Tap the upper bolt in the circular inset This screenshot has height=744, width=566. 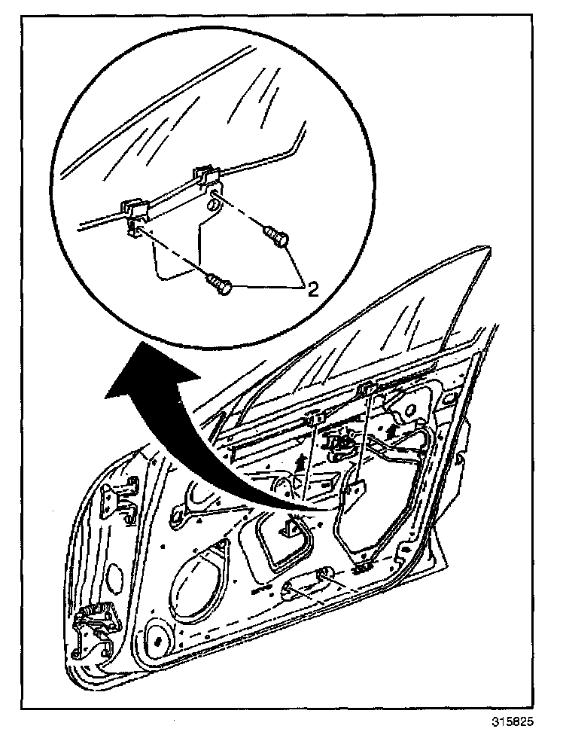pos(277,238)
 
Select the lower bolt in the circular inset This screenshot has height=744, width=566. pos(218,284)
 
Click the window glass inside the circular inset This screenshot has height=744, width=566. pos(188,105)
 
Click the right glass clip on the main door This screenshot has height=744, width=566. pos(368,389)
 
